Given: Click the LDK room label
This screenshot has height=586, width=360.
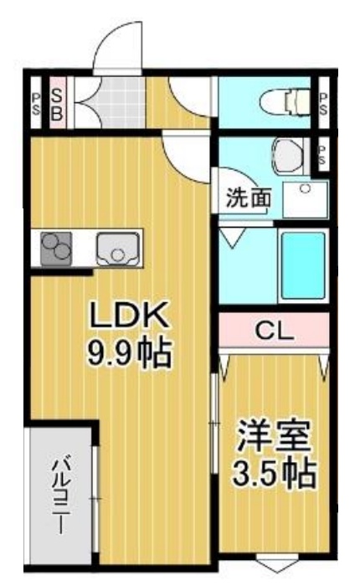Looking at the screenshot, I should point(131,317).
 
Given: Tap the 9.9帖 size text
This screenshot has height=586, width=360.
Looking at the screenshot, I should point(131,354).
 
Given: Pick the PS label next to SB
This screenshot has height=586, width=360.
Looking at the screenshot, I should point(36,104).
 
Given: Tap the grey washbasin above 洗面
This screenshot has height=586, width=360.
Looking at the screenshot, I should point(287,153).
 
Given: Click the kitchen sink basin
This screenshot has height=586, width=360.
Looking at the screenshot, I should point(115,248).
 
